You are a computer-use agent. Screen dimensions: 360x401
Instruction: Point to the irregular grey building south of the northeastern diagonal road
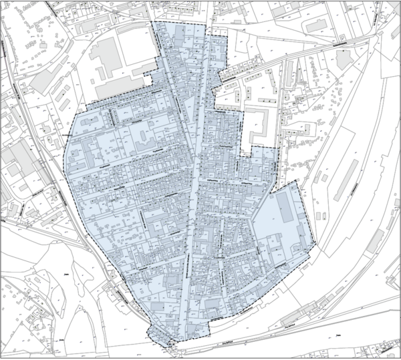click(x=344, y=59)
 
